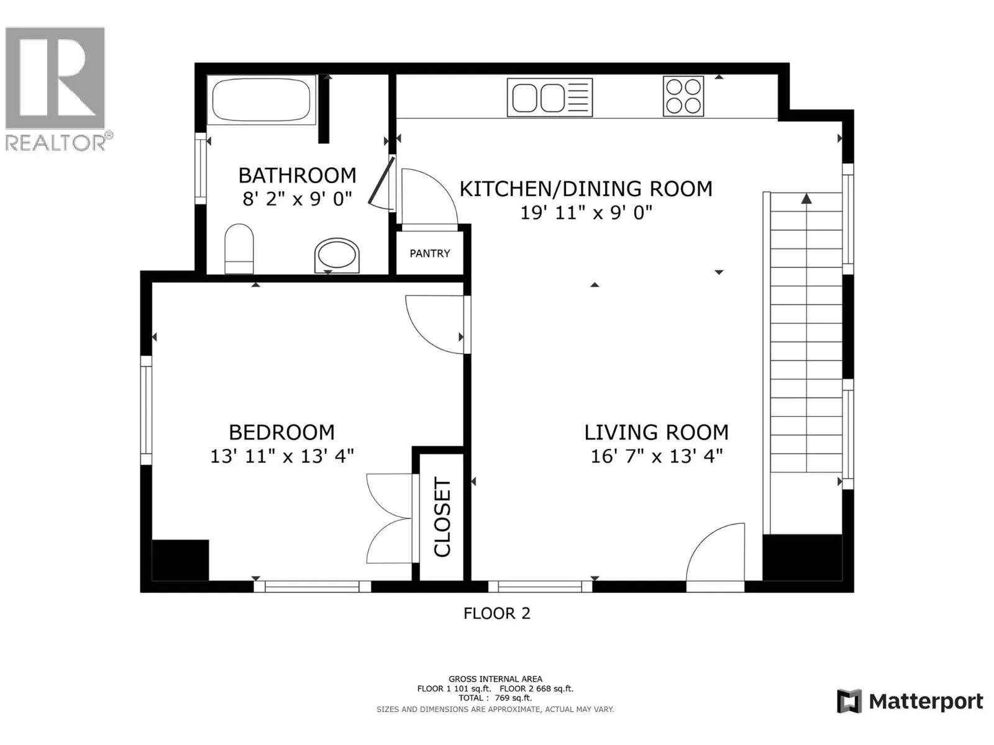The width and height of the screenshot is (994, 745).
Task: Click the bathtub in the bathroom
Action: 262,99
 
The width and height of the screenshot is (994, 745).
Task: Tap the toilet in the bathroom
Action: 239,248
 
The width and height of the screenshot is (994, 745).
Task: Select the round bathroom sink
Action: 337,256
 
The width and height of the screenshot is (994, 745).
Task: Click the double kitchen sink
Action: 550,97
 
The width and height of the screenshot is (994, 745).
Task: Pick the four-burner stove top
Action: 683,96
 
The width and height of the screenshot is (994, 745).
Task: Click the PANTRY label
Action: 430,253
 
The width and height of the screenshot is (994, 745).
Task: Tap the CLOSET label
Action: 442,517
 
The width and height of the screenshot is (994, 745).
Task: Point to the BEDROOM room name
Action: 281,433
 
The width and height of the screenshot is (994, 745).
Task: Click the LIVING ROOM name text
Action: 656,433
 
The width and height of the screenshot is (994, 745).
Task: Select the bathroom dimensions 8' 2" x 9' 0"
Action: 297,199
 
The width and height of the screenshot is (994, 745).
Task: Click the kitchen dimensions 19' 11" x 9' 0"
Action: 586,212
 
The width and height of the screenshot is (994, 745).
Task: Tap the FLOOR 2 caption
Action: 497,613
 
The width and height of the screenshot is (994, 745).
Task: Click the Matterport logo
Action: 910,702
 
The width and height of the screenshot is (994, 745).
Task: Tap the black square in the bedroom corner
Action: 180,560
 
